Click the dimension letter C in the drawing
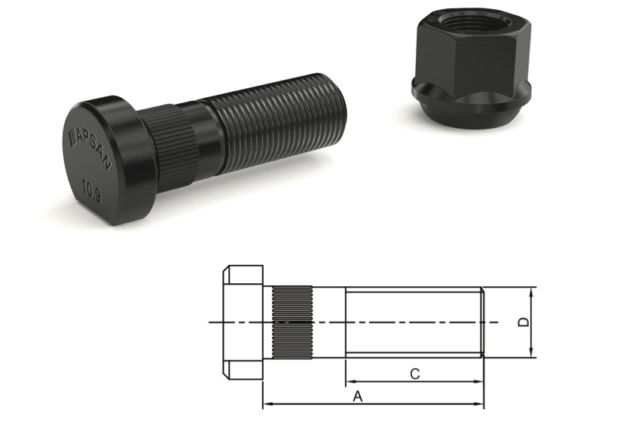coord(414,373)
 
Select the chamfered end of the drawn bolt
coord(481,322)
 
